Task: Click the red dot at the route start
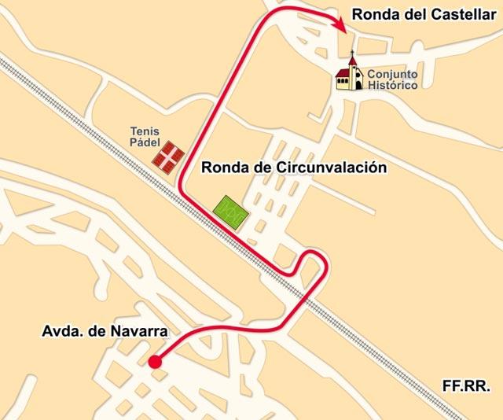155,362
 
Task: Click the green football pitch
230,210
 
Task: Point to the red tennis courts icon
168,155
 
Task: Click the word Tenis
144,131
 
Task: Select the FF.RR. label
466,387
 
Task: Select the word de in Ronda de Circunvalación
261,168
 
